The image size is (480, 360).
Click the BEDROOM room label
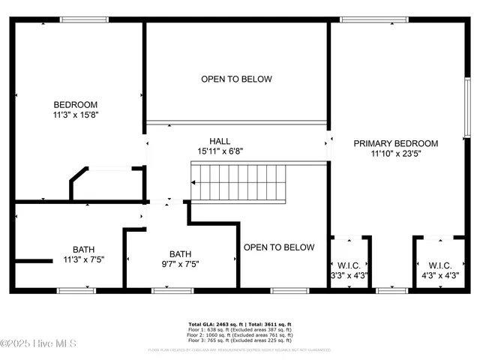tap(75, 104)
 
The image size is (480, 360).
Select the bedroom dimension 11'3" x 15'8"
tap(75, 115)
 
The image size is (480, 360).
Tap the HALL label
tap(220, 141)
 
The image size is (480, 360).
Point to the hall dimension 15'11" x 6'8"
tap(220, 151)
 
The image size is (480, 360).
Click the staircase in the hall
tap(239, 183)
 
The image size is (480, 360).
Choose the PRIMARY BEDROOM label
tap(395, 143)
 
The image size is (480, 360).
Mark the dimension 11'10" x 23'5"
tap(395, 154)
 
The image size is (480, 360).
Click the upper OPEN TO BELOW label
tap(236, 79)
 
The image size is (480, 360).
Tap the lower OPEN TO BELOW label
tap(279, 247)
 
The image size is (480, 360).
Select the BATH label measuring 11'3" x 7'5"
tap(84, 250)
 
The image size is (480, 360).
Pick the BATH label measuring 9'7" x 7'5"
tap(180, 253)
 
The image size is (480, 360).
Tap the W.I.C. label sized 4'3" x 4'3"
tap(439, 265)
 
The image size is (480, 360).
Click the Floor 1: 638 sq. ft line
tap(239, 330)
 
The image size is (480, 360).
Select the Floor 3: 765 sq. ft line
tap(239, 342)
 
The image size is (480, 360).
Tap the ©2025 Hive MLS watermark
tap(34, 344)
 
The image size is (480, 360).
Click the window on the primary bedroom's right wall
tap(466, 105)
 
